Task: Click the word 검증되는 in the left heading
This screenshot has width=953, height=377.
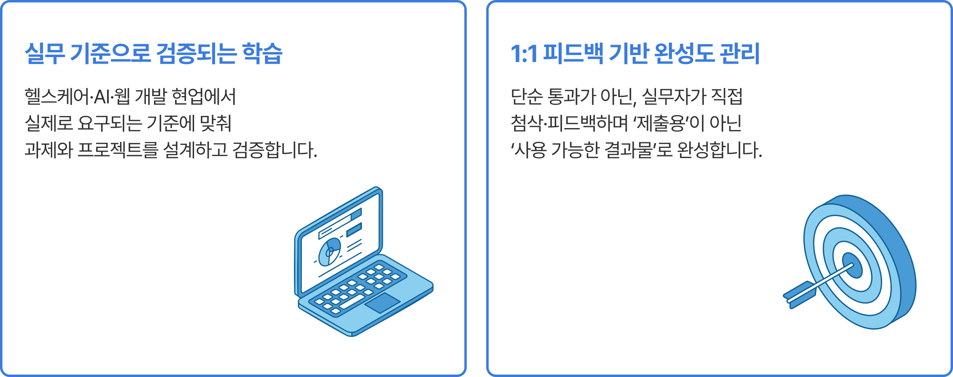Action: pos(196,54)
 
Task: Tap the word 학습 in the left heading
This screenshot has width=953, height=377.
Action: pos(262,54)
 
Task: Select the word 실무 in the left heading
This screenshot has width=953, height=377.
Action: pos(45,54)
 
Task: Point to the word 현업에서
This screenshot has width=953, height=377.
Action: pos(203,96)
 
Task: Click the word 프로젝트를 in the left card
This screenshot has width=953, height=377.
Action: pos(118,150)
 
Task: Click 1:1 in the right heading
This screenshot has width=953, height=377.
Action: pos(524,54)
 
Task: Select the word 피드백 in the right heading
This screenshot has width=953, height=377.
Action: pos(573,54)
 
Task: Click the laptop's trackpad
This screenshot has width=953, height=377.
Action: pos(382,303)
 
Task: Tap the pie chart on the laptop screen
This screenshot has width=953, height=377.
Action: pos(329,252)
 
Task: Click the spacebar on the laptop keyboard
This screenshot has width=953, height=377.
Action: pos(352,302)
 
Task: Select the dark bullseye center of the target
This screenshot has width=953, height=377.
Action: pos(853,266)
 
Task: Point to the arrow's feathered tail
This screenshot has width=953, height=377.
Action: pos(799,295)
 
